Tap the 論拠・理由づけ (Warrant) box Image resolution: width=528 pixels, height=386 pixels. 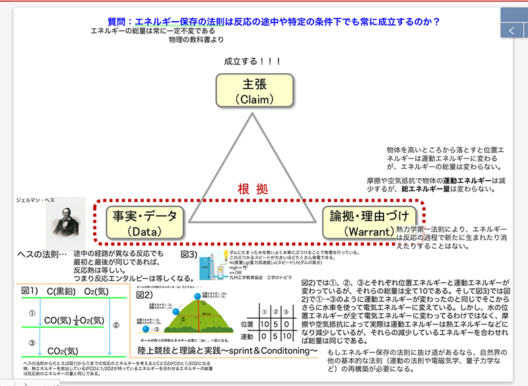(369, 222)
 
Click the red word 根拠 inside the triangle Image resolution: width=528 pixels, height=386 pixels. (253, 189)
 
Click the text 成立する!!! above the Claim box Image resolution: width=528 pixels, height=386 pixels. (253, 61)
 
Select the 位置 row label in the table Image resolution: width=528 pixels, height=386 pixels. (247, 325)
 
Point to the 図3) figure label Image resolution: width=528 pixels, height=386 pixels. (189, 254)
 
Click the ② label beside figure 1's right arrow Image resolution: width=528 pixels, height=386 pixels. (116, 324)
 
